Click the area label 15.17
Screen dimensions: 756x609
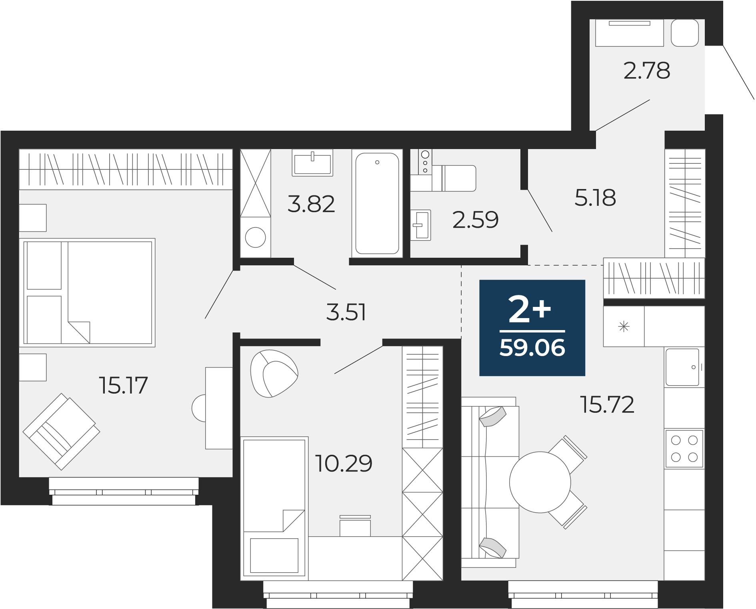point(123,386)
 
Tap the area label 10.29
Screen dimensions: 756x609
point(344,464)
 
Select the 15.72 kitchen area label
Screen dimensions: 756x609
point(607,404)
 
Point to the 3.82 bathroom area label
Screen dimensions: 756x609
point(311,204)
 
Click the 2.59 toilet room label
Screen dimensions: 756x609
point(475,220)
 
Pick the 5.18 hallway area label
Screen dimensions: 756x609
point(595,198)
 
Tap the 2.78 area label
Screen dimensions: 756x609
point(646,71)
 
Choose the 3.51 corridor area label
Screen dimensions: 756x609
point(346,312)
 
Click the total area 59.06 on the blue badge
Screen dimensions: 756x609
point(532,348)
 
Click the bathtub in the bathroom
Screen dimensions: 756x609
point(377,203)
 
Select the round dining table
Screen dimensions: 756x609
point(540,482)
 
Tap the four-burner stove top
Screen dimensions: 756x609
point(684,449)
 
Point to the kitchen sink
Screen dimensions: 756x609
point(682,367)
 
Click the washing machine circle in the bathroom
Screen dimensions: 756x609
point(255,237)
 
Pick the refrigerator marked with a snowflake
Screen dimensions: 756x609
point(624,326)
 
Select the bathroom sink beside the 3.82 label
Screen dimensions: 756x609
point(312,163)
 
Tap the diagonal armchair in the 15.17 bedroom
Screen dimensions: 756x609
point(61,432)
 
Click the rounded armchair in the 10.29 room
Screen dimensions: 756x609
point(274,374)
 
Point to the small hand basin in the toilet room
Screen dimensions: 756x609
point(421,225)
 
